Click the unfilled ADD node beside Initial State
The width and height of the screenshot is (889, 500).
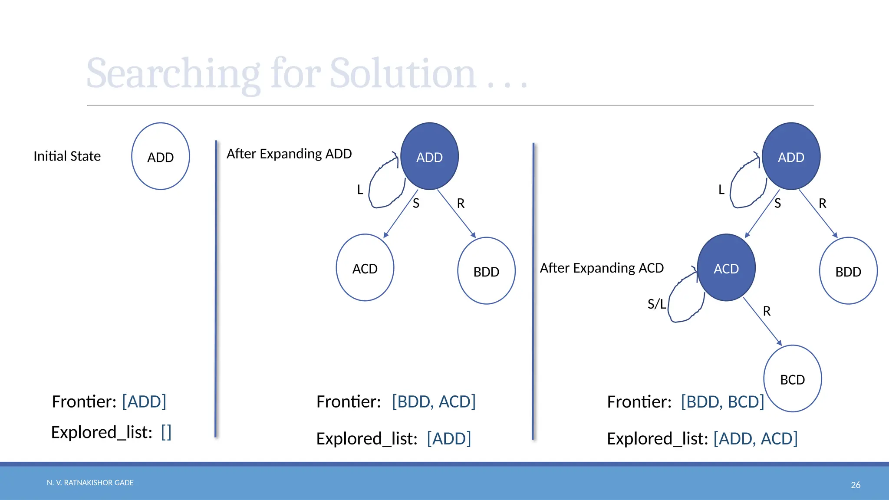click(161, 156)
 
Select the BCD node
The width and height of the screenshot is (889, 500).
click(792, 378)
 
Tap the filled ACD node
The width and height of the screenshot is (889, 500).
click(726, 268)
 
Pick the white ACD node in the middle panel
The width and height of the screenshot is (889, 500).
click(365, 268)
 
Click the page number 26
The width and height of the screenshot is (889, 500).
click(855, 485)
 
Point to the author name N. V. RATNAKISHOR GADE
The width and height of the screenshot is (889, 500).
click(90, 483)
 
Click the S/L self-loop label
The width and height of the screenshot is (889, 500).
click(656, 304)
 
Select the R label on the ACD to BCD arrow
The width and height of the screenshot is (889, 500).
click(767, 311)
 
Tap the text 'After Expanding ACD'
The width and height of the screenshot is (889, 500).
click(602, 268)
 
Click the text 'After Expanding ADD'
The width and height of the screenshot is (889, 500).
click(289, 154)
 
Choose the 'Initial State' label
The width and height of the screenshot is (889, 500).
click(67, 156)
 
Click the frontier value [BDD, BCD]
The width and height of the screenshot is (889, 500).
click(722, 402)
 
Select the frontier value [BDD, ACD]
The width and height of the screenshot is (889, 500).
click(434, 402)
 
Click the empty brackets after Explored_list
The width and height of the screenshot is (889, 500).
click(166, 432)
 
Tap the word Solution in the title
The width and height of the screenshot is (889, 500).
click(403, 74)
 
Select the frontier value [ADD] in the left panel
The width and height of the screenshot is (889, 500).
click(144, 402)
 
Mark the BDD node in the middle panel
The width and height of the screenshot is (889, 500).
click(486, 271)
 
